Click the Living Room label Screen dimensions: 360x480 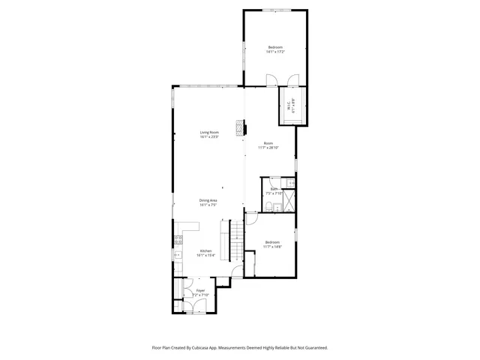click(208, 133)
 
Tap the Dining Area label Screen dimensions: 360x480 click(208, 199)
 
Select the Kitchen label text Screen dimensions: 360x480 click(205, 250)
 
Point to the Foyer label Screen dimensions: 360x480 click(200, 290)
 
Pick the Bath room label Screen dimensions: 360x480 click(274, 189)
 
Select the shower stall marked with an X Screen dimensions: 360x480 click(289, 201)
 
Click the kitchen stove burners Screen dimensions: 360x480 click(178, 241)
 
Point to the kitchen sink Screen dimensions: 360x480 click(178, 256)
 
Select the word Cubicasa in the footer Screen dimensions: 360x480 click(198, 348)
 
